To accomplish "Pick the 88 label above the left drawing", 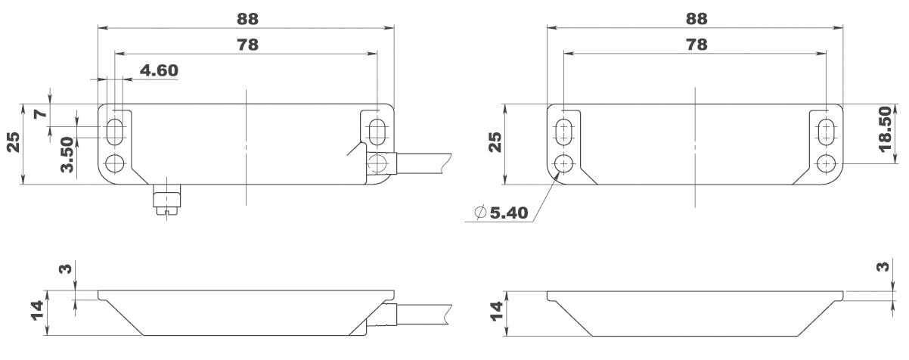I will tap(247, 19).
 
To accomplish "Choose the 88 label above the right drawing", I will tap(696, 19).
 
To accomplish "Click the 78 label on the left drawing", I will tap(247, 45).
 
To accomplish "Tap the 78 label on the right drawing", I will tap(696, 45).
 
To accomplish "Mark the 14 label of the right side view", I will tap(495, 312).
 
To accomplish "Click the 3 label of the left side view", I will tap(67, 268).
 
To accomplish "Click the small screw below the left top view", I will tap(164, 201).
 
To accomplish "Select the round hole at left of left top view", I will tap(115, 163).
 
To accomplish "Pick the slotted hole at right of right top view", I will tap(827, 129).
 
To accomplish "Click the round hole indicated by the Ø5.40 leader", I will tap(563, 163).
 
